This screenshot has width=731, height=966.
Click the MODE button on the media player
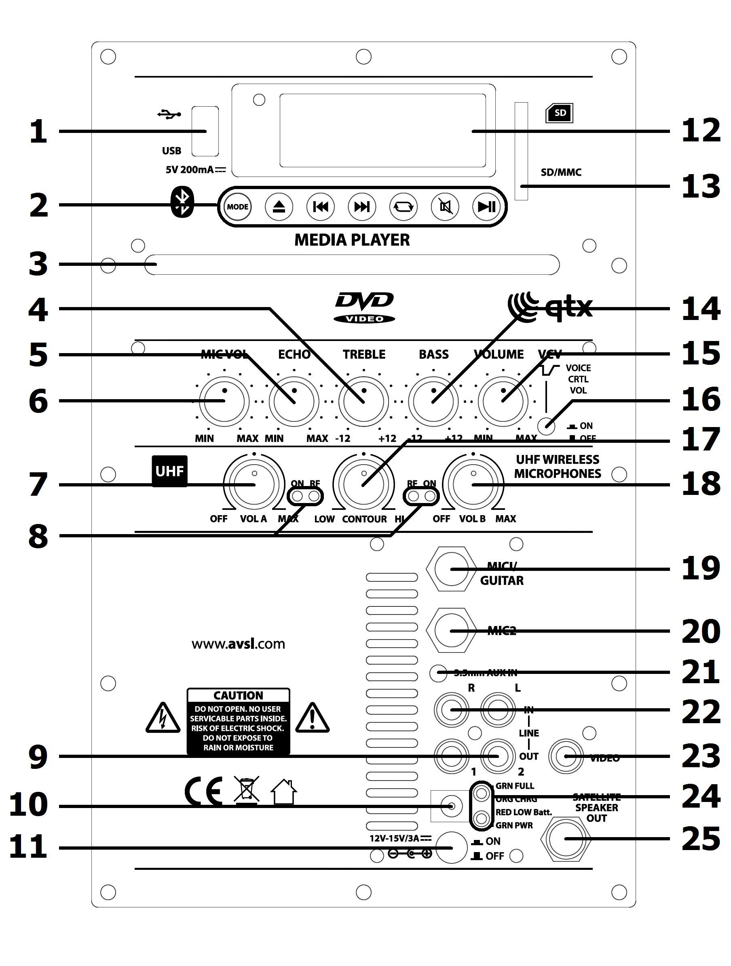click(x=237, y=207)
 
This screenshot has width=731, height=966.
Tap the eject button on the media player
click(x=279, y=207)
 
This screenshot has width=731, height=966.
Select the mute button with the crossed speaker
click(x=445, y=207)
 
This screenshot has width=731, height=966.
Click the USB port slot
click(x=205, y=131)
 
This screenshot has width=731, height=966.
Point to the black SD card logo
click(x=559, y=114)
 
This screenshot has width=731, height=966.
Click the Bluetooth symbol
click(x=182, y=202)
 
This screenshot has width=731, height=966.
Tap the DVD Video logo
click(x=364, y=307)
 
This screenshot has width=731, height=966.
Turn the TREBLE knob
click(x=363, y=401)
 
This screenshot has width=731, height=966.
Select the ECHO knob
click(x=294, y=401)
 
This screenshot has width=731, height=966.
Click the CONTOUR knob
click(x=363, y=484)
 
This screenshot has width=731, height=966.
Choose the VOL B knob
click(x=473, y=484)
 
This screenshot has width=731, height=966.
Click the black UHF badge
click(x=169, y=471)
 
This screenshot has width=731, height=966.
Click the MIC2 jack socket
click(x=451, y=631)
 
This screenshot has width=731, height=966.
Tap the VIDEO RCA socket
click(x=566, y=756)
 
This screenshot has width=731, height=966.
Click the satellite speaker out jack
click(x=565, y=839)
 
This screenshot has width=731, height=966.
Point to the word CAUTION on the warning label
click(x=238, y=695)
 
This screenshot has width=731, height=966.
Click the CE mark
click(x=204, y=792)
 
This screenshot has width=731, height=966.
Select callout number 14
click(x=700, y=309)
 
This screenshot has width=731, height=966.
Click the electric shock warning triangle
click(x=163, y=718)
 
